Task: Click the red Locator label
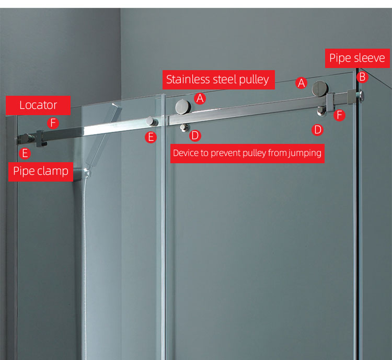[38, 105]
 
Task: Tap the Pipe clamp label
[41, 172]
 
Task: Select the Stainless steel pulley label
[218, 80]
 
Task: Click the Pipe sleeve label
[358, 58]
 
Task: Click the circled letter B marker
[362, 77]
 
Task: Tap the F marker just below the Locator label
[53, 123]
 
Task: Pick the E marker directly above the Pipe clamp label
[25, 153]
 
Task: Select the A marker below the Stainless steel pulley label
[200, 98]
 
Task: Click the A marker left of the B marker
[301, 83]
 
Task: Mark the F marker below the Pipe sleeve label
[339, 115]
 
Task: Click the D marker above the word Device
[195, 136]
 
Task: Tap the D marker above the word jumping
[317, 130]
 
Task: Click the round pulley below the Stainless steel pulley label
[183, 107]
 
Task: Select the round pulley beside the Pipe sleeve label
[319, 89]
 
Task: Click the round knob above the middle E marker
[151, 121]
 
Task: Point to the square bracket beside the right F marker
[330, 103]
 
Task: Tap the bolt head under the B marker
[361, 96]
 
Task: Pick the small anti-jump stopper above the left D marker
[184, 128]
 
